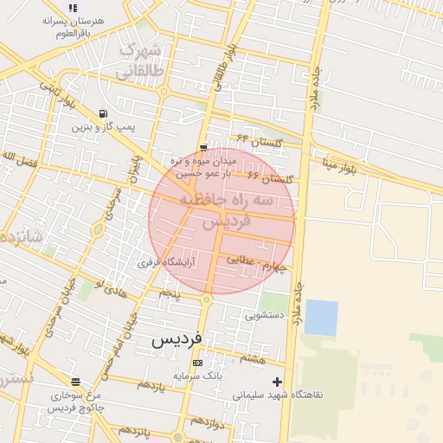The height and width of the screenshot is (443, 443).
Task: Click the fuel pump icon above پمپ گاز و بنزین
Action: tap(104, 113)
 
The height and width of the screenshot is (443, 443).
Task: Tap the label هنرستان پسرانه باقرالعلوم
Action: tap(73, 25)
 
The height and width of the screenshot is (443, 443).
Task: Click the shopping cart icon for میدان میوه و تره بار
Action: tap(202, 148)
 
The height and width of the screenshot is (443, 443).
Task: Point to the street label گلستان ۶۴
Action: tap(254, 138)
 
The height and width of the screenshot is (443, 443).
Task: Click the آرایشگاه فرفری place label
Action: tap(167, 261)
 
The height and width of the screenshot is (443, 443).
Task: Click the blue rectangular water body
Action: tap(321, 318)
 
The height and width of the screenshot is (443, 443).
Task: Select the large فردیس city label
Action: tap(177, 339)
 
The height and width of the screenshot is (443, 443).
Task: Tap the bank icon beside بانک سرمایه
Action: tap(198, 363)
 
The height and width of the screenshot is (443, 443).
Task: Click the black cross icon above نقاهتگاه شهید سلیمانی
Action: tap(277, 381)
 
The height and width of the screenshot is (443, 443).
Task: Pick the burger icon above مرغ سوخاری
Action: tap(75, 382)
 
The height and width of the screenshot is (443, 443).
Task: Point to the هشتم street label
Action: tap(254, 357)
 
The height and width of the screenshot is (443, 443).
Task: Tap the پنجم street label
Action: tap(169, 294)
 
